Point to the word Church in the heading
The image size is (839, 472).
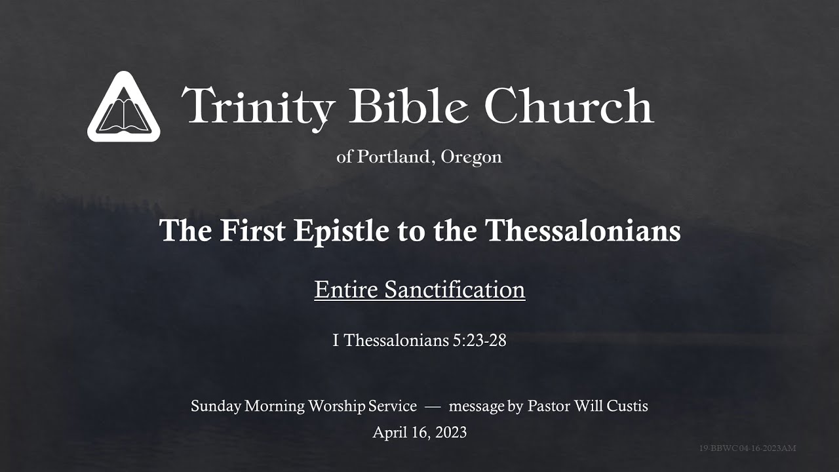pos(569,106)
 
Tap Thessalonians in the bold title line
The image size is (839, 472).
pos(583,231)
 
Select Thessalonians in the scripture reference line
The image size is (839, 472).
pos(393,341)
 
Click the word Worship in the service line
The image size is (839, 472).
pos(337,406)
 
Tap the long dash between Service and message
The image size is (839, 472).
pos(432,406)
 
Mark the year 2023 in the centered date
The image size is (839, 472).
pos(449,433)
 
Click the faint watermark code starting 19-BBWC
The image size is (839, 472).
pos(747,448)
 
